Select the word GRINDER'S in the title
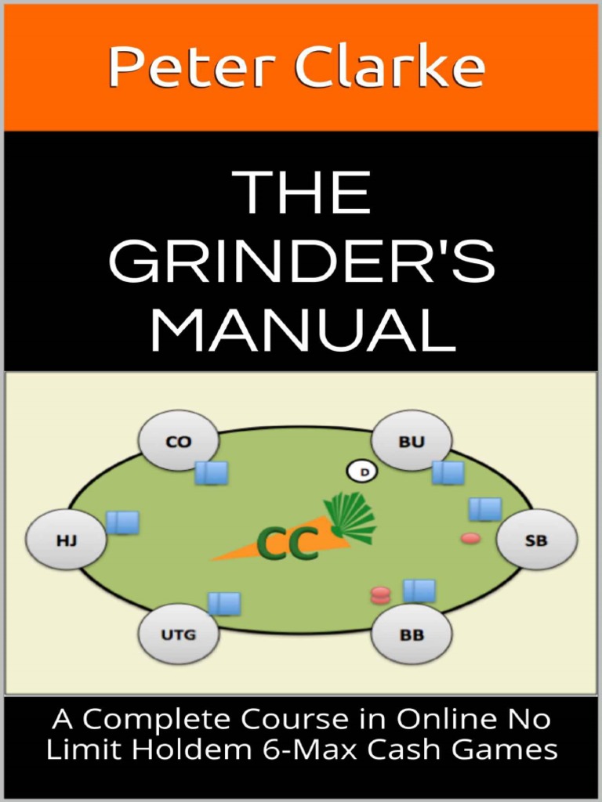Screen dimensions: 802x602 pyautogui.click(x=301, y=262)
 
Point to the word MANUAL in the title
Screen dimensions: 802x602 pyautogui.click(x=303, y=330)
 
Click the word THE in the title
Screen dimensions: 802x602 pyautogui.click(x=303, y=193)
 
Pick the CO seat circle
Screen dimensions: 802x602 pyautogui.click(x=179, y=441)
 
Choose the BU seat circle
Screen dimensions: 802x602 pyautogui.click(x=412, y=441)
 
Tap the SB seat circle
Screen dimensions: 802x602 pyautogui.click(x=537, y=540)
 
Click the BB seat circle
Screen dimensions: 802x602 pyautogui.click(x=412, y=634)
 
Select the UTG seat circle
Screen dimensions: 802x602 pyautogui.click(x=179, y=634)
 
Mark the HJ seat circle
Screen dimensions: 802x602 pyautogui.click(x=67, y=540)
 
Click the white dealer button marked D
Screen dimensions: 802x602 pyautogui.click(x=363, y=471)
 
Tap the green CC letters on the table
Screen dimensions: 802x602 pyautogui.click(x=288, y=544)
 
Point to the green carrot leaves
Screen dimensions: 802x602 pyautogui.click(x=350, y=516)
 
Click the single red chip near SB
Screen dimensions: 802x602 pyautogui.click(x=470, y=538)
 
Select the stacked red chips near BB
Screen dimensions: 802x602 pyautogui.click(x=380, y=595)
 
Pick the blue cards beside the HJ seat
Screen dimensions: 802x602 pyautogui.click(x=122, y=522)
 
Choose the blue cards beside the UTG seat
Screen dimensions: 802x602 pyautogui.click(x=224, y=603)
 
